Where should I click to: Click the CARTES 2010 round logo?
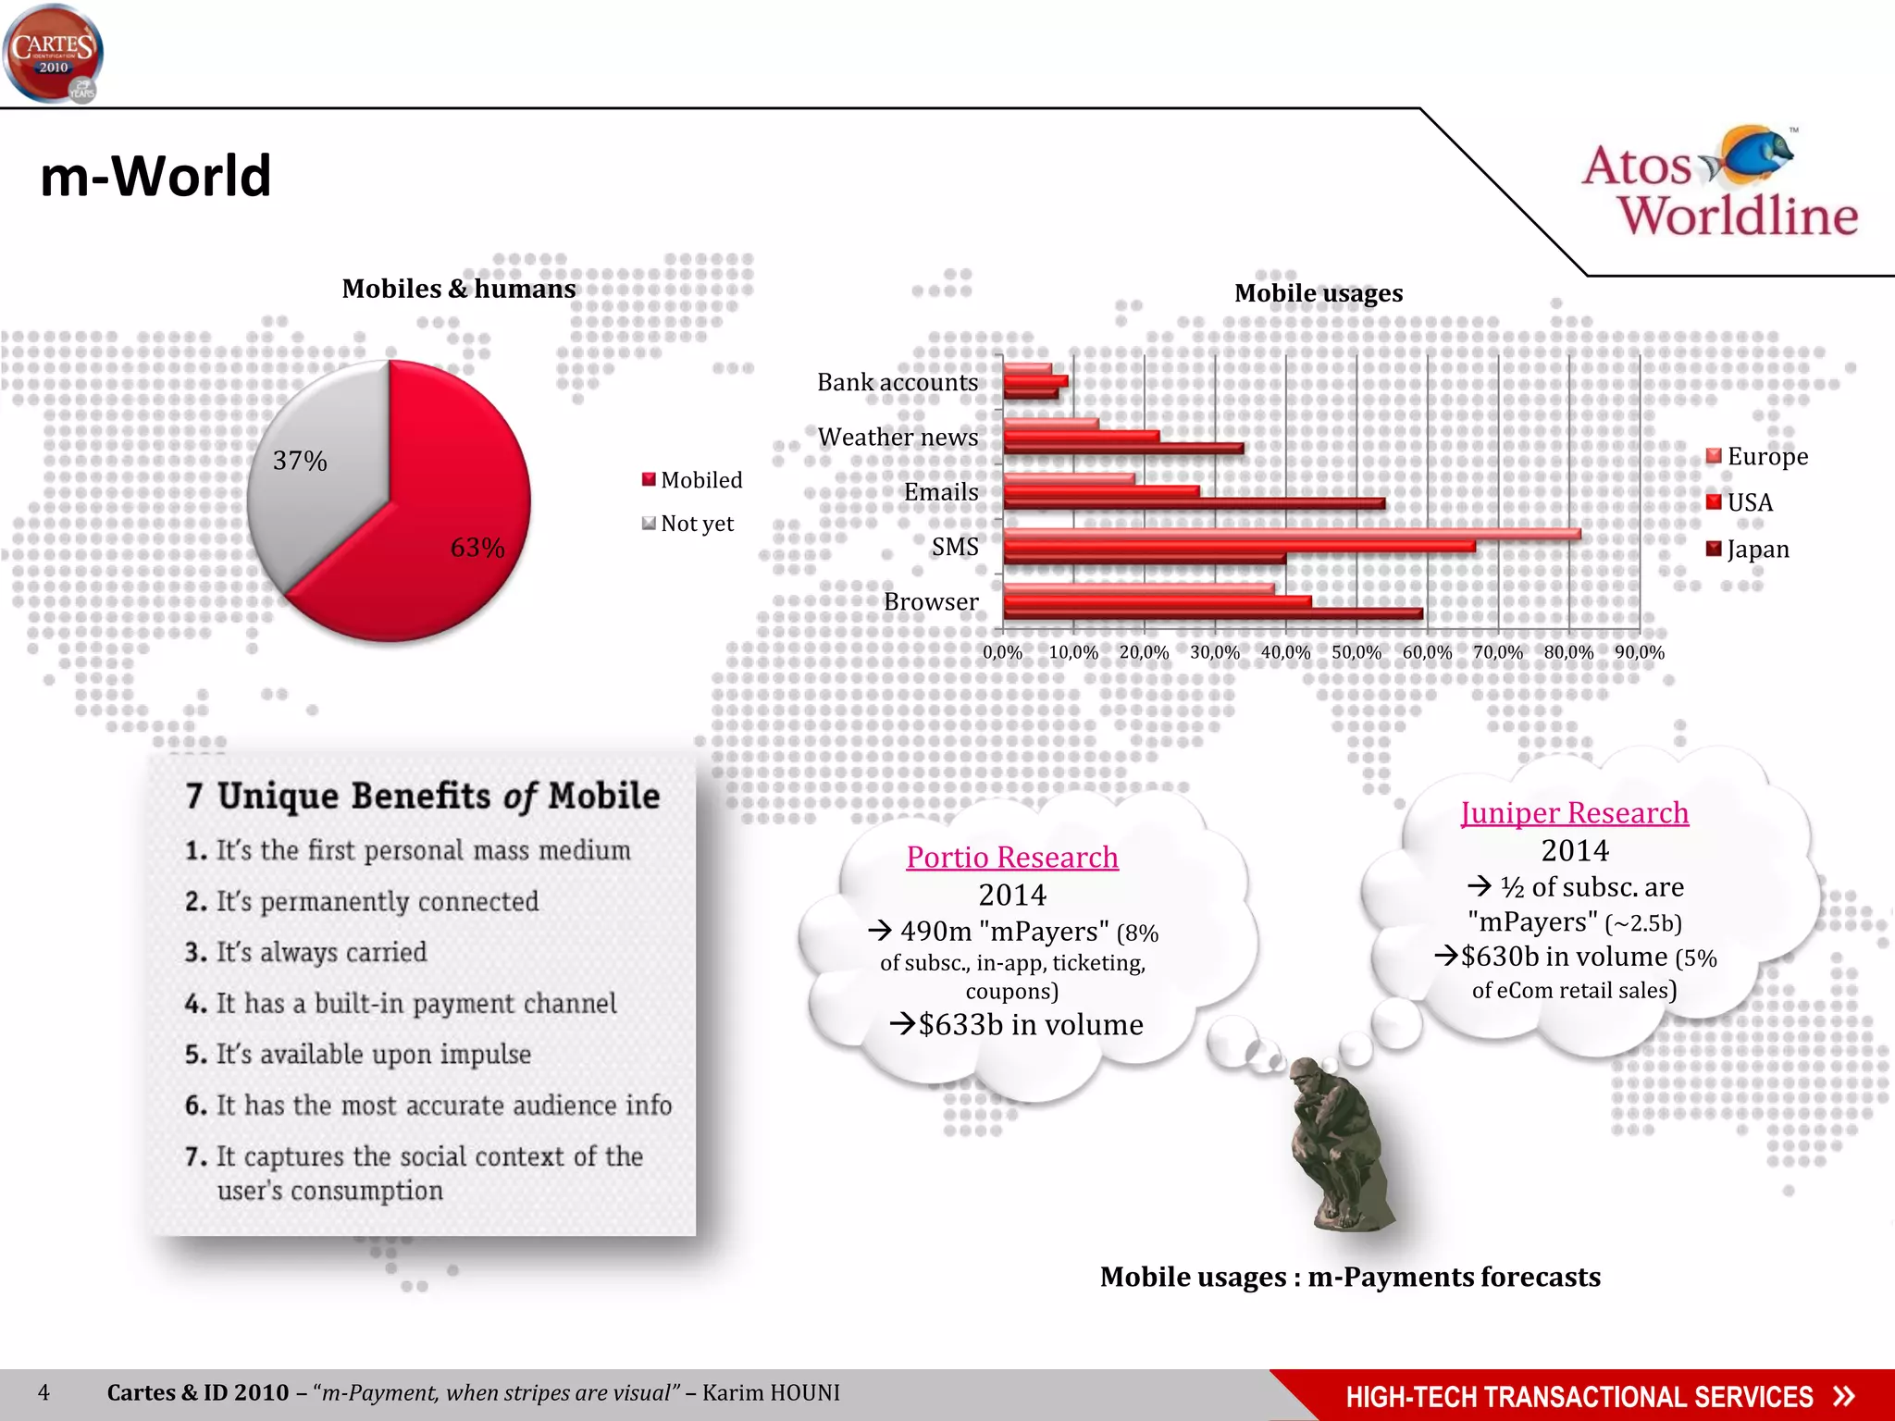click(x=53, y=54)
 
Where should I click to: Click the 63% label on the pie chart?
click(x=477, y=548)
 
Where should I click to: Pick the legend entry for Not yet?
click(x=688, y=524)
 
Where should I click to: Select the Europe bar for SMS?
click(x=1291, y=534)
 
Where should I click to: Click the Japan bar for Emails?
click(x=1194, y=503)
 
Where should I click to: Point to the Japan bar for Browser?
click(x=1212, y=613)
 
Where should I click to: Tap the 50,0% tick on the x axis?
click(x=1356, y=652)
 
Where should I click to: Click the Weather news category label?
click(x=898, y=437)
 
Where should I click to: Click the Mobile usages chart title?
click(x=1318, y=293)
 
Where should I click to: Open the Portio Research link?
click(x=1012, y=858)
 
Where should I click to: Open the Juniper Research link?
click(x=1574, y=813)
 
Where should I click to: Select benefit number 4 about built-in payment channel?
click(x=401, y=1004)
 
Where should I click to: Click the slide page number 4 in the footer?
click(x=43, y=1392)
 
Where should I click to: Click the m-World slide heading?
click(x=155, y=176)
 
